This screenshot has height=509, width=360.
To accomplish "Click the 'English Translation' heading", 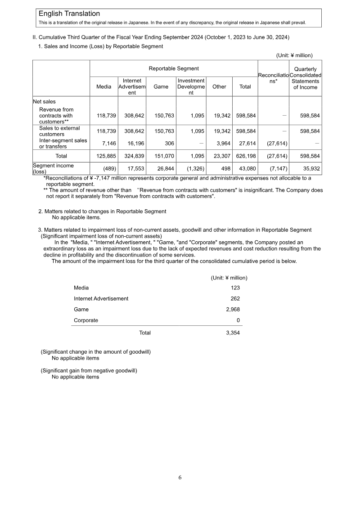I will pyautogui.click(x=69, y=14).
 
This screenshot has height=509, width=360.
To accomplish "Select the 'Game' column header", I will pyautogui.click(x=161, y=86).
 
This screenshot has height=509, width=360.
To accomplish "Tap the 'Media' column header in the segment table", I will pyautogui.click(x=104, y=86).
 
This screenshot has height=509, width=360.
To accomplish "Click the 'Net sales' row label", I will pyautogui.click(x=44, y=102).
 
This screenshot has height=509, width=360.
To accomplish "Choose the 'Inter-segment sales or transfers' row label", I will pyautogui.click(x=63, y=143).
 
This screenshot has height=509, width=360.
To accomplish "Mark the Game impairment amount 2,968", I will pyautogui.click(x=232, y=309).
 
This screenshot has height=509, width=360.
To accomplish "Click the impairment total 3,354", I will pyautogui.click(x=232, y=333).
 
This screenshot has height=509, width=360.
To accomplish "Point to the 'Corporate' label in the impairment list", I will pyautogui.click(x=86, y=320).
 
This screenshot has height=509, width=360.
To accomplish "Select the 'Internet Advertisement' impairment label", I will pyautogui.click(x=101, y=298).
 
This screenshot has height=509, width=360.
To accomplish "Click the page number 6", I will pyautogui.click(x=180, y=477).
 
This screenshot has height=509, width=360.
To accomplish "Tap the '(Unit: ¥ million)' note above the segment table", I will pyautogui.click(x=294, y=55).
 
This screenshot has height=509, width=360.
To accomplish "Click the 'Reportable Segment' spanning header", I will pyautogui.click(x=174, y=68).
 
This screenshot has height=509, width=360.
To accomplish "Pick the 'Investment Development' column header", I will pyautogui.click(x=191, y=86).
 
